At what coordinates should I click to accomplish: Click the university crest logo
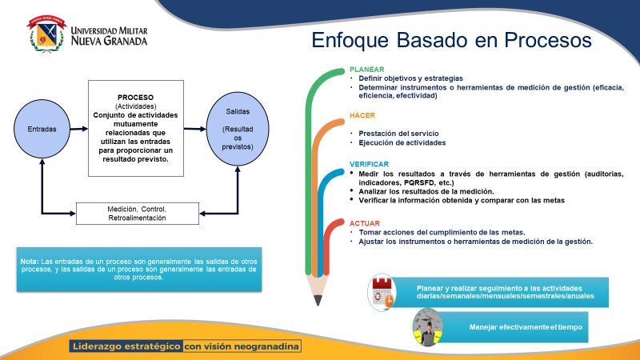point(46,34)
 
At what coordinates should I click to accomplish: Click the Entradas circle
point(42,129)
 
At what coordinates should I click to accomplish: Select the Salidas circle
point(238,129)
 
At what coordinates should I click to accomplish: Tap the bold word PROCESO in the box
point(135,98)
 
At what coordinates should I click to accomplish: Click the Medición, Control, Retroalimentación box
point(138,214)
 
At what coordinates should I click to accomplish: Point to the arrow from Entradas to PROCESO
point(79,129)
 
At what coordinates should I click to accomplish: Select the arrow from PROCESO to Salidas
point(195,129)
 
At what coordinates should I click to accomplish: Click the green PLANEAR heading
point(367,70)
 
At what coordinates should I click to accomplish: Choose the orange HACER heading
point(362,115)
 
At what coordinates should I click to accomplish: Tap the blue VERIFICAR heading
point(369,164)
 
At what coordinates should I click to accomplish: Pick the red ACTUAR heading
point(365,223)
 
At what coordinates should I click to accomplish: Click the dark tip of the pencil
point(318,301)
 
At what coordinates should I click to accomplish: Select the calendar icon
point(382,292)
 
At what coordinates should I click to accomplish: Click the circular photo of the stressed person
point(427,327)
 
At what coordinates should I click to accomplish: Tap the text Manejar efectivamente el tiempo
point(526,327)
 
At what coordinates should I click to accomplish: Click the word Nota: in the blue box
point(30,262)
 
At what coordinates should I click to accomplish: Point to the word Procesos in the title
point(548,40)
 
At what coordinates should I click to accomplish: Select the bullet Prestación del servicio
point(398,134)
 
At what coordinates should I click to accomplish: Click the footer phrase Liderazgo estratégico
point(126,346)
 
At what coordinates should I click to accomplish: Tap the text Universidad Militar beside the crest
point(109,30)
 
